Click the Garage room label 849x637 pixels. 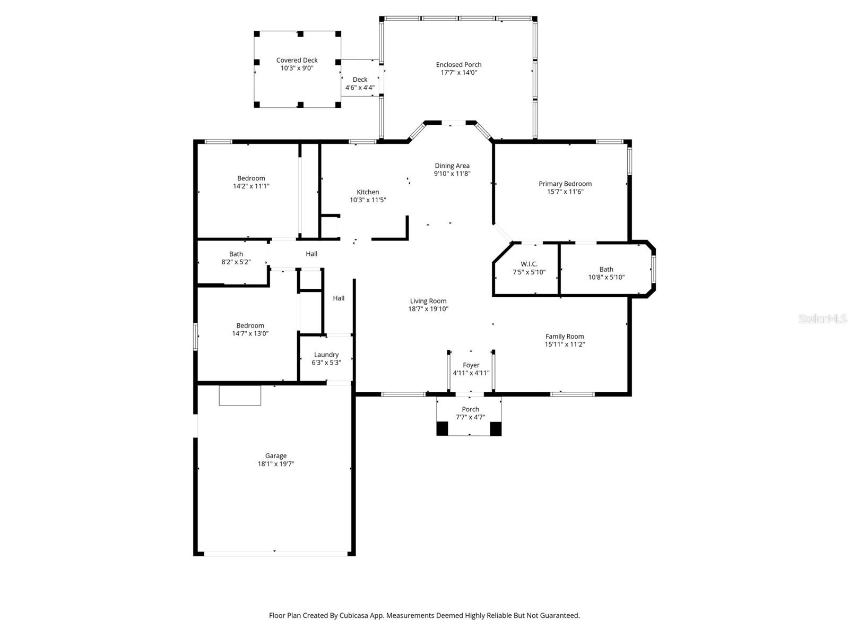[x=276, y=455]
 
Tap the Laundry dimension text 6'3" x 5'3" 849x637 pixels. [x=326, y=363]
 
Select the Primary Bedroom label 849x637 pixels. [x=565, y=184]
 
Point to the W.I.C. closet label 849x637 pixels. [x=529, y=264]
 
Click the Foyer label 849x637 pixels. [x=471, y=365]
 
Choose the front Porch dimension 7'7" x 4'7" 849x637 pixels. [x=470, y=417]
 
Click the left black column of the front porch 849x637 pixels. [x=442, y=428]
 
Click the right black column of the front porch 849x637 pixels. [x=496, y=428]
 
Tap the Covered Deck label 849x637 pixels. [x=297, y=60]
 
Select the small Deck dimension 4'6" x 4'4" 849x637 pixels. [x=360, y=88]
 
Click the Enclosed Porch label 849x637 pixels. [x=458, y=65]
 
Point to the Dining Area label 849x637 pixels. [x=452, y=166]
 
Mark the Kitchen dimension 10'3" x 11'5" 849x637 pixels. [x=368, y=200]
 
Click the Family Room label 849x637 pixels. [x=565, y=336]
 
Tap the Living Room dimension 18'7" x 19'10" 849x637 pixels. [x=428, y=309]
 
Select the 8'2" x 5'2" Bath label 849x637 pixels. [x=236, y=254]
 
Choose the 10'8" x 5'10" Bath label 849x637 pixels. [x=606, y=269]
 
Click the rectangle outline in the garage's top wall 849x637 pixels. [x=240, y=395]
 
